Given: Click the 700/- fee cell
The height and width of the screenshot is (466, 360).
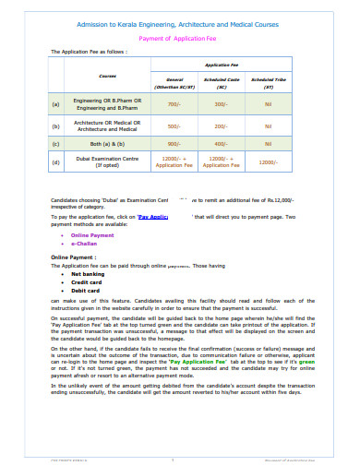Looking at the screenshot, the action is click(174, 104).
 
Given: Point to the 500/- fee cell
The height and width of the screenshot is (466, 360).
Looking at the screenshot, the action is click(174, 125).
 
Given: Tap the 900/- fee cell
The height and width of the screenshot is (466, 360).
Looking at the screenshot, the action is click(174, 144).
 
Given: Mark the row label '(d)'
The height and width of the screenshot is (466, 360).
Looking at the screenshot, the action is click(56, 163).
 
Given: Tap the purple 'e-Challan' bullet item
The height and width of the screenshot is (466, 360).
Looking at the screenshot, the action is click(85, 244).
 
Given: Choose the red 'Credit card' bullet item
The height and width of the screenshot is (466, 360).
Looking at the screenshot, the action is click(87, 282).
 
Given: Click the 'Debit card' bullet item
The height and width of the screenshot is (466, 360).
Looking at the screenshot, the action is click(86, 291).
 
